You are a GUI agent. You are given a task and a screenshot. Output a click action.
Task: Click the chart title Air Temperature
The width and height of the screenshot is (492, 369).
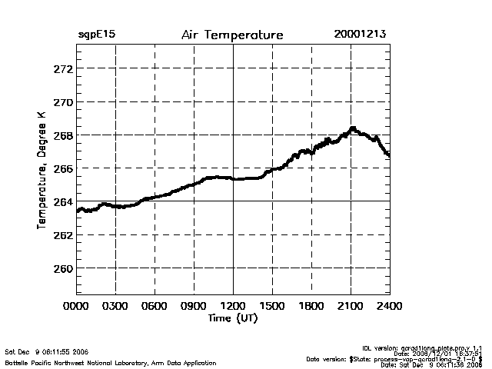[x=232, y=35]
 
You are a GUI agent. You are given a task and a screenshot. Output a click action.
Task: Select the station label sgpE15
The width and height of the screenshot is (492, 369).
[x=95, y=35]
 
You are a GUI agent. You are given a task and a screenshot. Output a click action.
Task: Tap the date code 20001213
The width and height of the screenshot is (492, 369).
[x=360, y=35]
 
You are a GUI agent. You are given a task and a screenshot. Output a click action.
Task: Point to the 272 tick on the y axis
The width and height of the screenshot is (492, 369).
[x=63, y=68]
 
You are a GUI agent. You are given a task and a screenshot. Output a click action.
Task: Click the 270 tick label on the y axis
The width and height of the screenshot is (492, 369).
[x=63, y=101]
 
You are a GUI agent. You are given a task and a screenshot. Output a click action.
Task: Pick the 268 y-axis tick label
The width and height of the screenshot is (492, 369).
[x=63, y=135]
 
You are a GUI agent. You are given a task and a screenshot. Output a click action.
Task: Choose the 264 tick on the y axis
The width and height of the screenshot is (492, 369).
[x=63, y=201]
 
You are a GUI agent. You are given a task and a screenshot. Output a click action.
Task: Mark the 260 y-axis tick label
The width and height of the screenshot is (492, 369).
[x=63, y=268]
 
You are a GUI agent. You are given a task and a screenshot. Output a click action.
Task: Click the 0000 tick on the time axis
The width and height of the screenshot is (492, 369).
[x=76, y=306]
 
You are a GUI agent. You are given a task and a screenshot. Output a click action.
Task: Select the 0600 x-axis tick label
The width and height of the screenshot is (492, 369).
[x=155, y=306]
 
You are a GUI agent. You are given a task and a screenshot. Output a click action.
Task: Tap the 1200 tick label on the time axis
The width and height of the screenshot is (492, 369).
[x=233, y=306]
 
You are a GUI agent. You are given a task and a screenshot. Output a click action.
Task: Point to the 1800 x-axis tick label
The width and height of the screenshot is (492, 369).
[x=311, y=306]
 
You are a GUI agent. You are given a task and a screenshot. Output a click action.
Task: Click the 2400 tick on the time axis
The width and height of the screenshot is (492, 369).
[x=390, y=306]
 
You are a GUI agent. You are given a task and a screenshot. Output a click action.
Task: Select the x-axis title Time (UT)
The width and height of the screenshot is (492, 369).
[x=233, y=317]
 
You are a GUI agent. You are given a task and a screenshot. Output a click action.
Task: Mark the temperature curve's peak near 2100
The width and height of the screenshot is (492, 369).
[x=353, y=128]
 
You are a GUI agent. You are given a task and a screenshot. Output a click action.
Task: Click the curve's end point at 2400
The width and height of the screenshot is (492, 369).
[x=389, y=156]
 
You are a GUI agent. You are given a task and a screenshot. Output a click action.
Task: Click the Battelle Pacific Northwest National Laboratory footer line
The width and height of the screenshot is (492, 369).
[x=110, y=362]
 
